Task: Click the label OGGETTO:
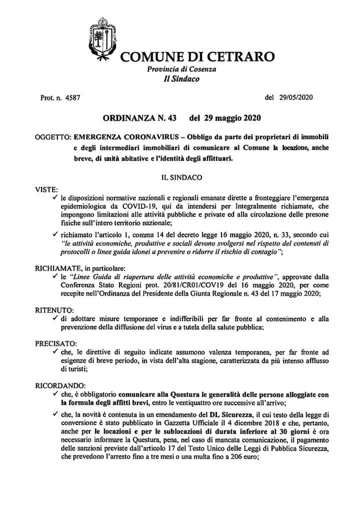coord(53,136)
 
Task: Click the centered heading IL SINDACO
coord(181,177)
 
